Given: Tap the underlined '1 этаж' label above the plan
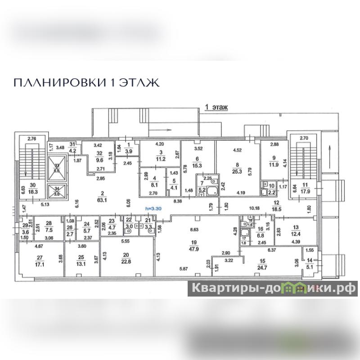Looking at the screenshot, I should click(216, 108).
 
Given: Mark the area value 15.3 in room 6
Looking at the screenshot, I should click(198, 166).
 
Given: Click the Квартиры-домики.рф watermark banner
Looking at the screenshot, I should click(273, 288).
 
